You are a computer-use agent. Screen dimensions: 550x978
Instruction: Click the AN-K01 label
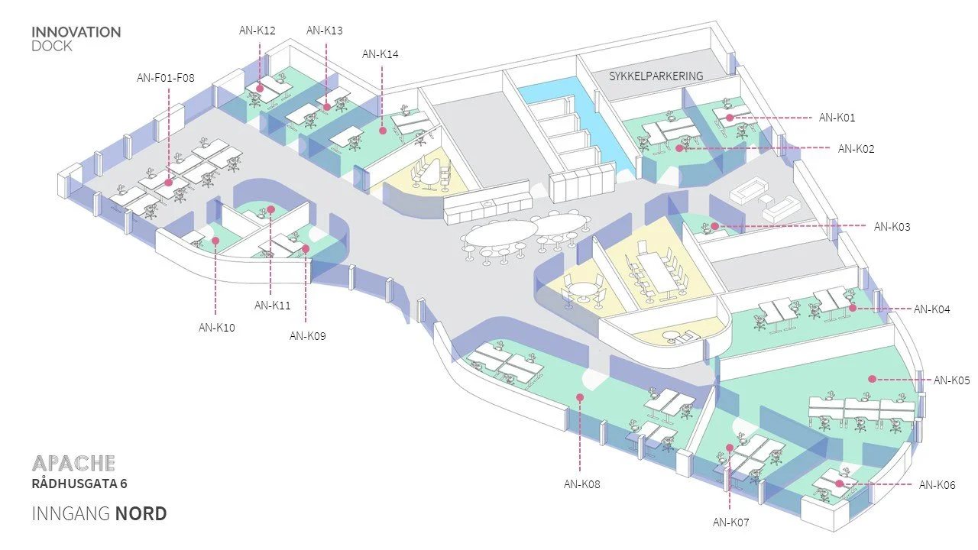click(x=837, y=118)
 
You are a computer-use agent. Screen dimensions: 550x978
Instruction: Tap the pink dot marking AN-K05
click(x=871, y=378)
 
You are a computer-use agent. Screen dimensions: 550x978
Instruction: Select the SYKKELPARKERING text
click(x=656, y=76)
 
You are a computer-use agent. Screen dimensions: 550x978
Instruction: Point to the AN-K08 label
click(x=582, y=484)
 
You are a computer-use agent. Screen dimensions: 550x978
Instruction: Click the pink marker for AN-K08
click(x=580, y=397)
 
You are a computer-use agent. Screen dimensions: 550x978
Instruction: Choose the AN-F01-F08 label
click(x=166, y=77)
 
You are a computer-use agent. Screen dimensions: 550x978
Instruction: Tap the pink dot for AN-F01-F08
click(x=168, y=183)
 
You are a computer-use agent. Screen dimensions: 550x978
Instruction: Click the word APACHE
click(x=74, y=463)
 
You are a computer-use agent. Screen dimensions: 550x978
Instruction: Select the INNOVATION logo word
click(x=76, y=32)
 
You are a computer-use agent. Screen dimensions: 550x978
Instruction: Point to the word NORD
click(x=141, y=513)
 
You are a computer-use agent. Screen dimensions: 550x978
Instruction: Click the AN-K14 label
click(x=380, y=54)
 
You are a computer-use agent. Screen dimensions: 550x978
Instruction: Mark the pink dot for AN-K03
click(x=714, y=226)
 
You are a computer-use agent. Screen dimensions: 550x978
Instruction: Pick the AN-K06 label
click(x=937, y=485)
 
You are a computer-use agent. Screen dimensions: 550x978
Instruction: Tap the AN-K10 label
click(x=217, y=328)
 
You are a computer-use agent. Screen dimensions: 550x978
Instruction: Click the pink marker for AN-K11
click(x=270, y=209)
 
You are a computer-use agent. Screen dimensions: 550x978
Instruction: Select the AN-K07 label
click(x=731, y=522)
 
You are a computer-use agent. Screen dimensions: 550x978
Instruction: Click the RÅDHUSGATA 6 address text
click(x=79, y=484)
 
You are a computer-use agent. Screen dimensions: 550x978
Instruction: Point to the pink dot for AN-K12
click(x=260, y=89)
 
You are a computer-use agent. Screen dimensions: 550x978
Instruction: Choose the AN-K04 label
click(x=932, y=309)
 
